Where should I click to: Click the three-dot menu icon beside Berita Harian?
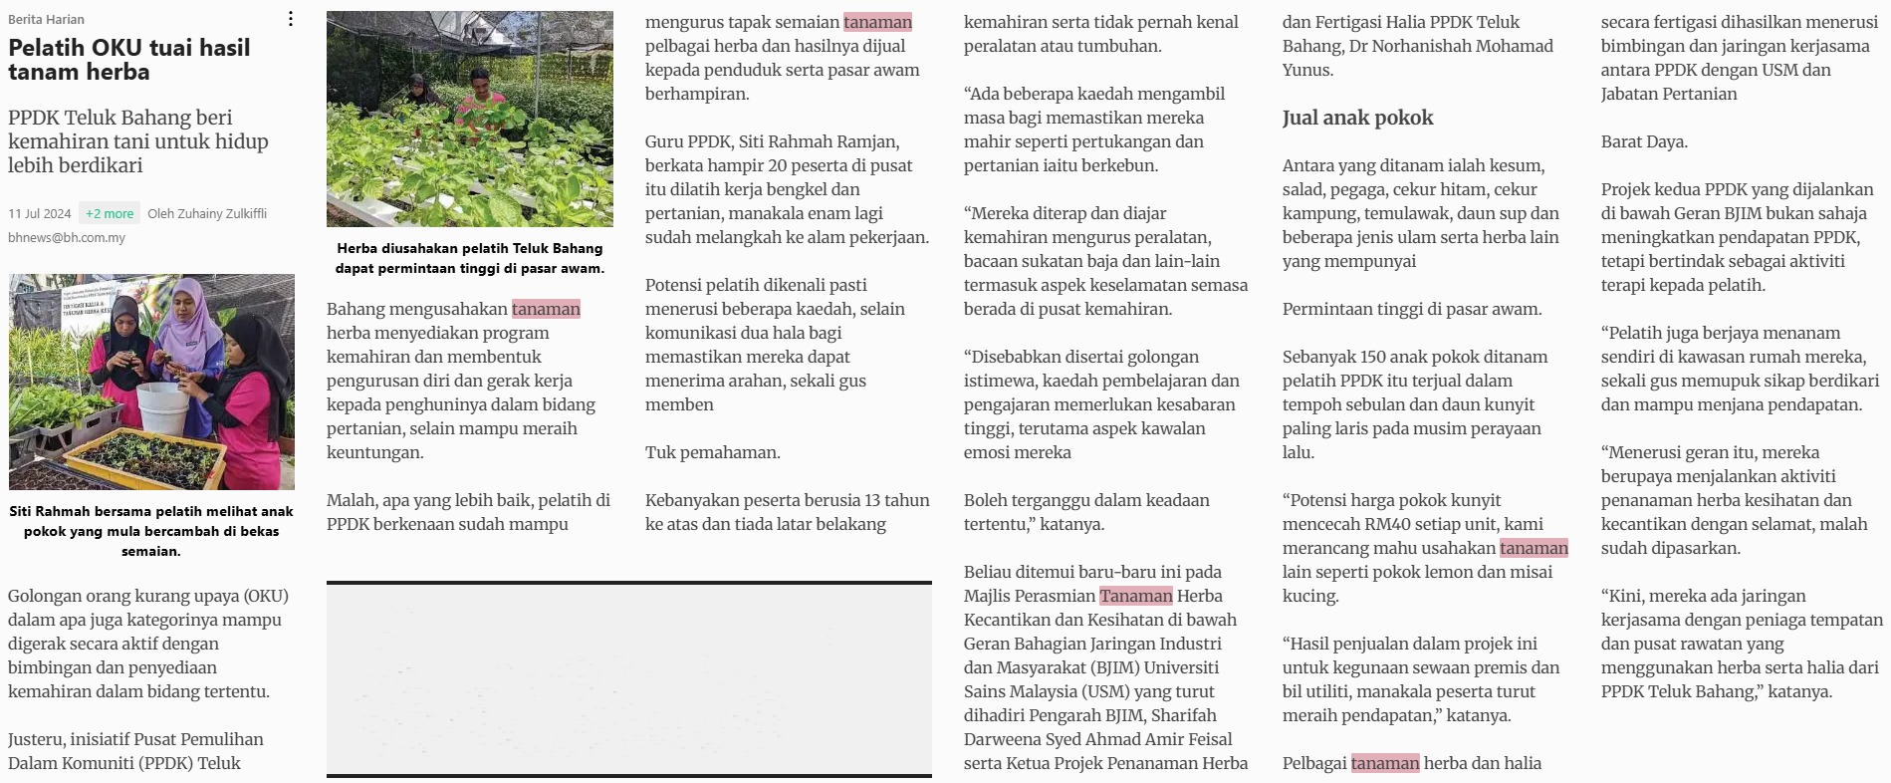coord(291,19)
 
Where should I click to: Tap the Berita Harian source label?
coord(46,19)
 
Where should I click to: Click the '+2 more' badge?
coord(110,213)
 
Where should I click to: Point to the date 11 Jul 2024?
coord(40,213)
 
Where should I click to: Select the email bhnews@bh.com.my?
coord(67,237)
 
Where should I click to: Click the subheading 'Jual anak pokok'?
coord(1357,118)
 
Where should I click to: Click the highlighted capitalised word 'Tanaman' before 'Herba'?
coord(1135,596)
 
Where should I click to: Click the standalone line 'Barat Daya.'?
coord(1644,141)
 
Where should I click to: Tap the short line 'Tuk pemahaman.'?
coord(712,452)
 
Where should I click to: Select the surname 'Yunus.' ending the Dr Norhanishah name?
coord(1307,70)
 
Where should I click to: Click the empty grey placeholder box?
coord(628,677)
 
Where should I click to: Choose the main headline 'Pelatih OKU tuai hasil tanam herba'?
coord(129,60)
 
